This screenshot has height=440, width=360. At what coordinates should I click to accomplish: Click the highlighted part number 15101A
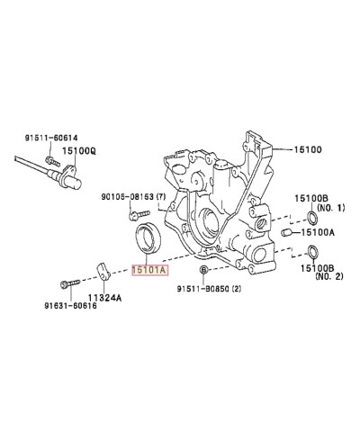148,268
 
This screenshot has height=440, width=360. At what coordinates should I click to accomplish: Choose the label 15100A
318,232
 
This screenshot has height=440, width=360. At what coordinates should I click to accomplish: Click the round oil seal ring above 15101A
148,242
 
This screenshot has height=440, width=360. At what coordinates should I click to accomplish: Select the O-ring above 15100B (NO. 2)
310,252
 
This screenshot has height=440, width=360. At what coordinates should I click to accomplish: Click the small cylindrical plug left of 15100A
286,234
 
